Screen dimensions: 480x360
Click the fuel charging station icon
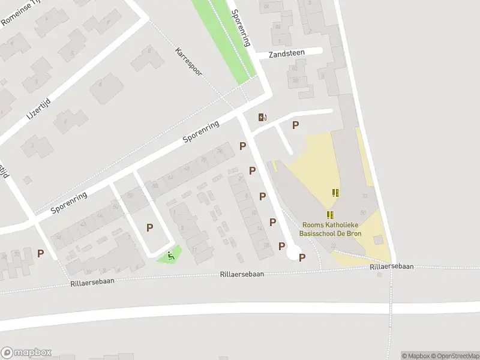[262, 117]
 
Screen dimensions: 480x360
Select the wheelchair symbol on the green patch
[171, 256]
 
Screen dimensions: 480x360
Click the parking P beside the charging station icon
[295, 125]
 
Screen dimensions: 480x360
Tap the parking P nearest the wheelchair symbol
[149, 227]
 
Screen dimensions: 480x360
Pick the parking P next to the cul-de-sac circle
[302, 257]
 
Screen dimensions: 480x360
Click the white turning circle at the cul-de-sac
[293, 254]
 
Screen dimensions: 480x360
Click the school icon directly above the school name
[329, 214]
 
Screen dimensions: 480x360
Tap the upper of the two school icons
[335, 193]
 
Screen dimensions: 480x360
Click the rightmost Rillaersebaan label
[392, 267]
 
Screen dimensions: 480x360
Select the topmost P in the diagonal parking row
[242, 146]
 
